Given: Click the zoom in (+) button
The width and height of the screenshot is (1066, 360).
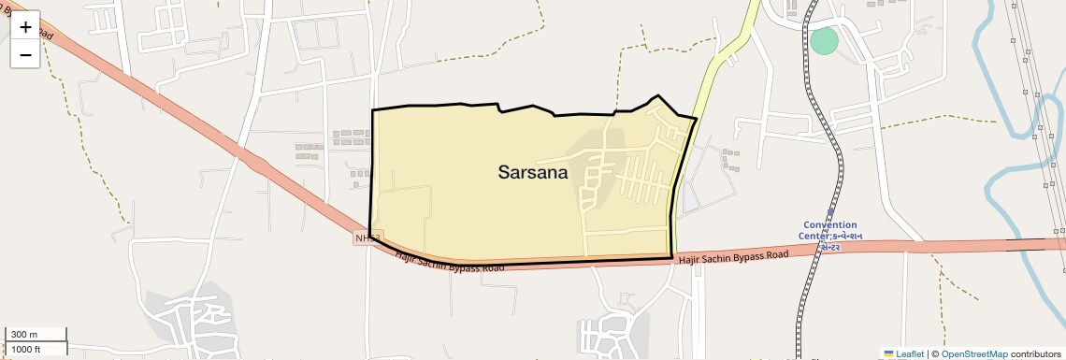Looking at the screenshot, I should pyautogui.click(x=25, y=27).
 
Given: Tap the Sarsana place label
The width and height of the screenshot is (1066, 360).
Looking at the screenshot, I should pyautogui.click(x=533, y=172).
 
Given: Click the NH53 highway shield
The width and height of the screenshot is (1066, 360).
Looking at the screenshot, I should pyautogui.click(x=367, y=238).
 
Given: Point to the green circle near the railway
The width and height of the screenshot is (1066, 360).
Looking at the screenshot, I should pyautogui.click(x=824, y=41).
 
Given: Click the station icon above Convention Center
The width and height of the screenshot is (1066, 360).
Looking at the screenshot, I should pyautogui.click(x=829, y=212).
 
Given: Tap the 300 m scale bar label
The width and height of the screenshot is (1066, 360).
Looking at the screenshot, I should pyautogui.click(x=23, y=335).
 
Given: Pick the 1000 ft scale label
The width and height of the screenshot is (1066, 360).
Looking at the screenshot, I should pyautogui.click(x=25, y=349).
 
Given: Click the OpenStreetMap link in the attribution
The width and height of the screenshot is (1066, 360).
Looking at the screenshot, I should pyautogui.click(x=974, y=353).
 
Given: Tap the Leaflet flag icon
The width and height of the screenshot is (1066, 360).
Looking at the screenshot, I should pyautogui.click(x=888, y=353).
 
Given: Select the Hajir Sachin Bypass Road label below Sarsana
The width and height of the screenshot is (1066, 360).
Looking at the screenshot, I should pyautogui.click(x=450, y=262).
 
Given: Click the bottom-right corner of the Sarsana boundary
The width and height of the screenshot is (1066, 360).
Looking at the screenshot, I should pyautogui.click(x=672, y=257).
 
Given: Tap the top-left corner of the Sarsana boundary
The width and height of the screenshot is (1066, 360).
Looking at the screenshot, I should pyautogui.click(x=373, y=110).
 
